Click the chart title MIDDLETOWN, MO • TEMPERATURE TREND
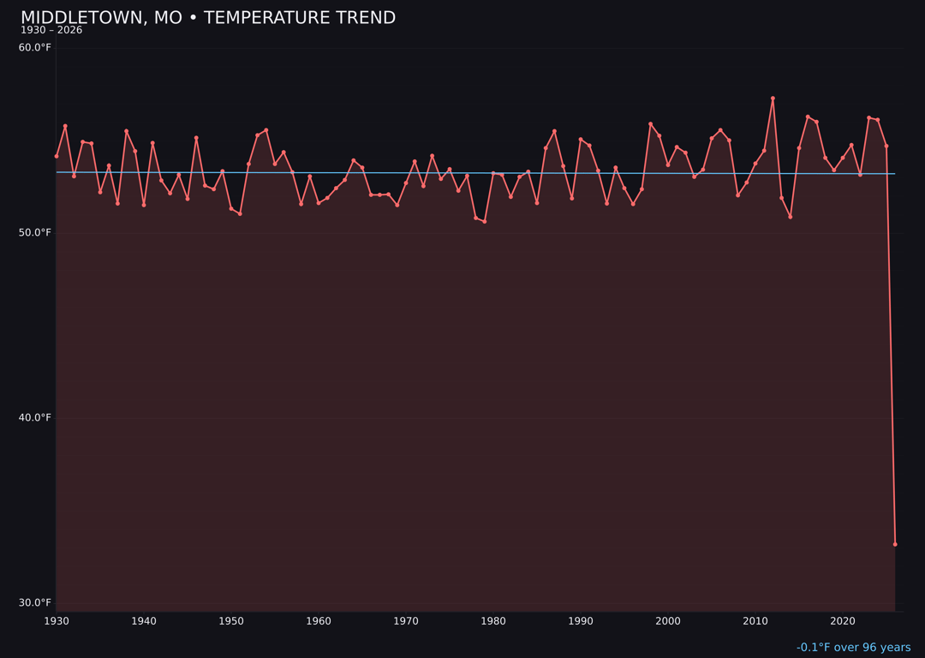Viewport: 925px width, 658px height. pos(208,18)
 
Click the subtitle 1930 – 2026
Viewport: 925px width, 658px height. pos(51,31)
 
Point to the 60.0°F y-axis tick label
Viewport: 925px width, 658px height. pos(35,47)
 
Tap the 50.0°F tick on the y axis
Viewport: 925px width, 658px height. pos(35,233)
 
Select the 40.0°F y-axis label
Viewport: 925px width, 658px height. pos(35,418)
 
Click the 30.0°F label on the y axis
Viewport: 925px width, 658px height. pos(35,603)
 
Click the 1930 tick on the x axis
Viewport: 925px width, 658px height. pos(57,621)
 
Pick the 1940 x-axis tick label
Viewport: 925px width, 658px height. pos(144,621)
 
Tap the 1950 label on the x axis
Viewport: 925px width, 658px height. pos(231,621)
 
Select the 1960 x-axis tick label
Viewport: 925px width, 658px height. pos(319,621)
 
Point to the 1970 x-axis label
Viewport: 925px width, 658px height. pos(406,621)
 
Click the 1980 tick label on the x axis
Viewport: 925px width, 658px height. pos(493,621)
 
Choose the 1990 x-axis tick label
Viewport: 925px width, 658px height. pos(581,621)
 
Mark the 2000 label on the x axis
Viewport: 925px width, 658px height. pos(668,621)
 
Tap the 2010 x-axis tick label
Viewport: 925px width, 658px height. pos(755,621)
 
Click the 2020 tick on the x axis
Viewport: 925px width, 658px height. pos(843,621)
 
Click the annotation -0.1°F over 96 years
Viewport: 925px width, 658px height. pos(853,648)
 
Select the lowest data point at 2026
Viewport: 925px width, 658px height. pos(895,544)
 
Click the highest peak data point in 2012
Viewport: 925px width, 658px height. pos(773,99)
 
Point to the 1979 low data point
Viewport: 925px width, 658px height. pos(485,222)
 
